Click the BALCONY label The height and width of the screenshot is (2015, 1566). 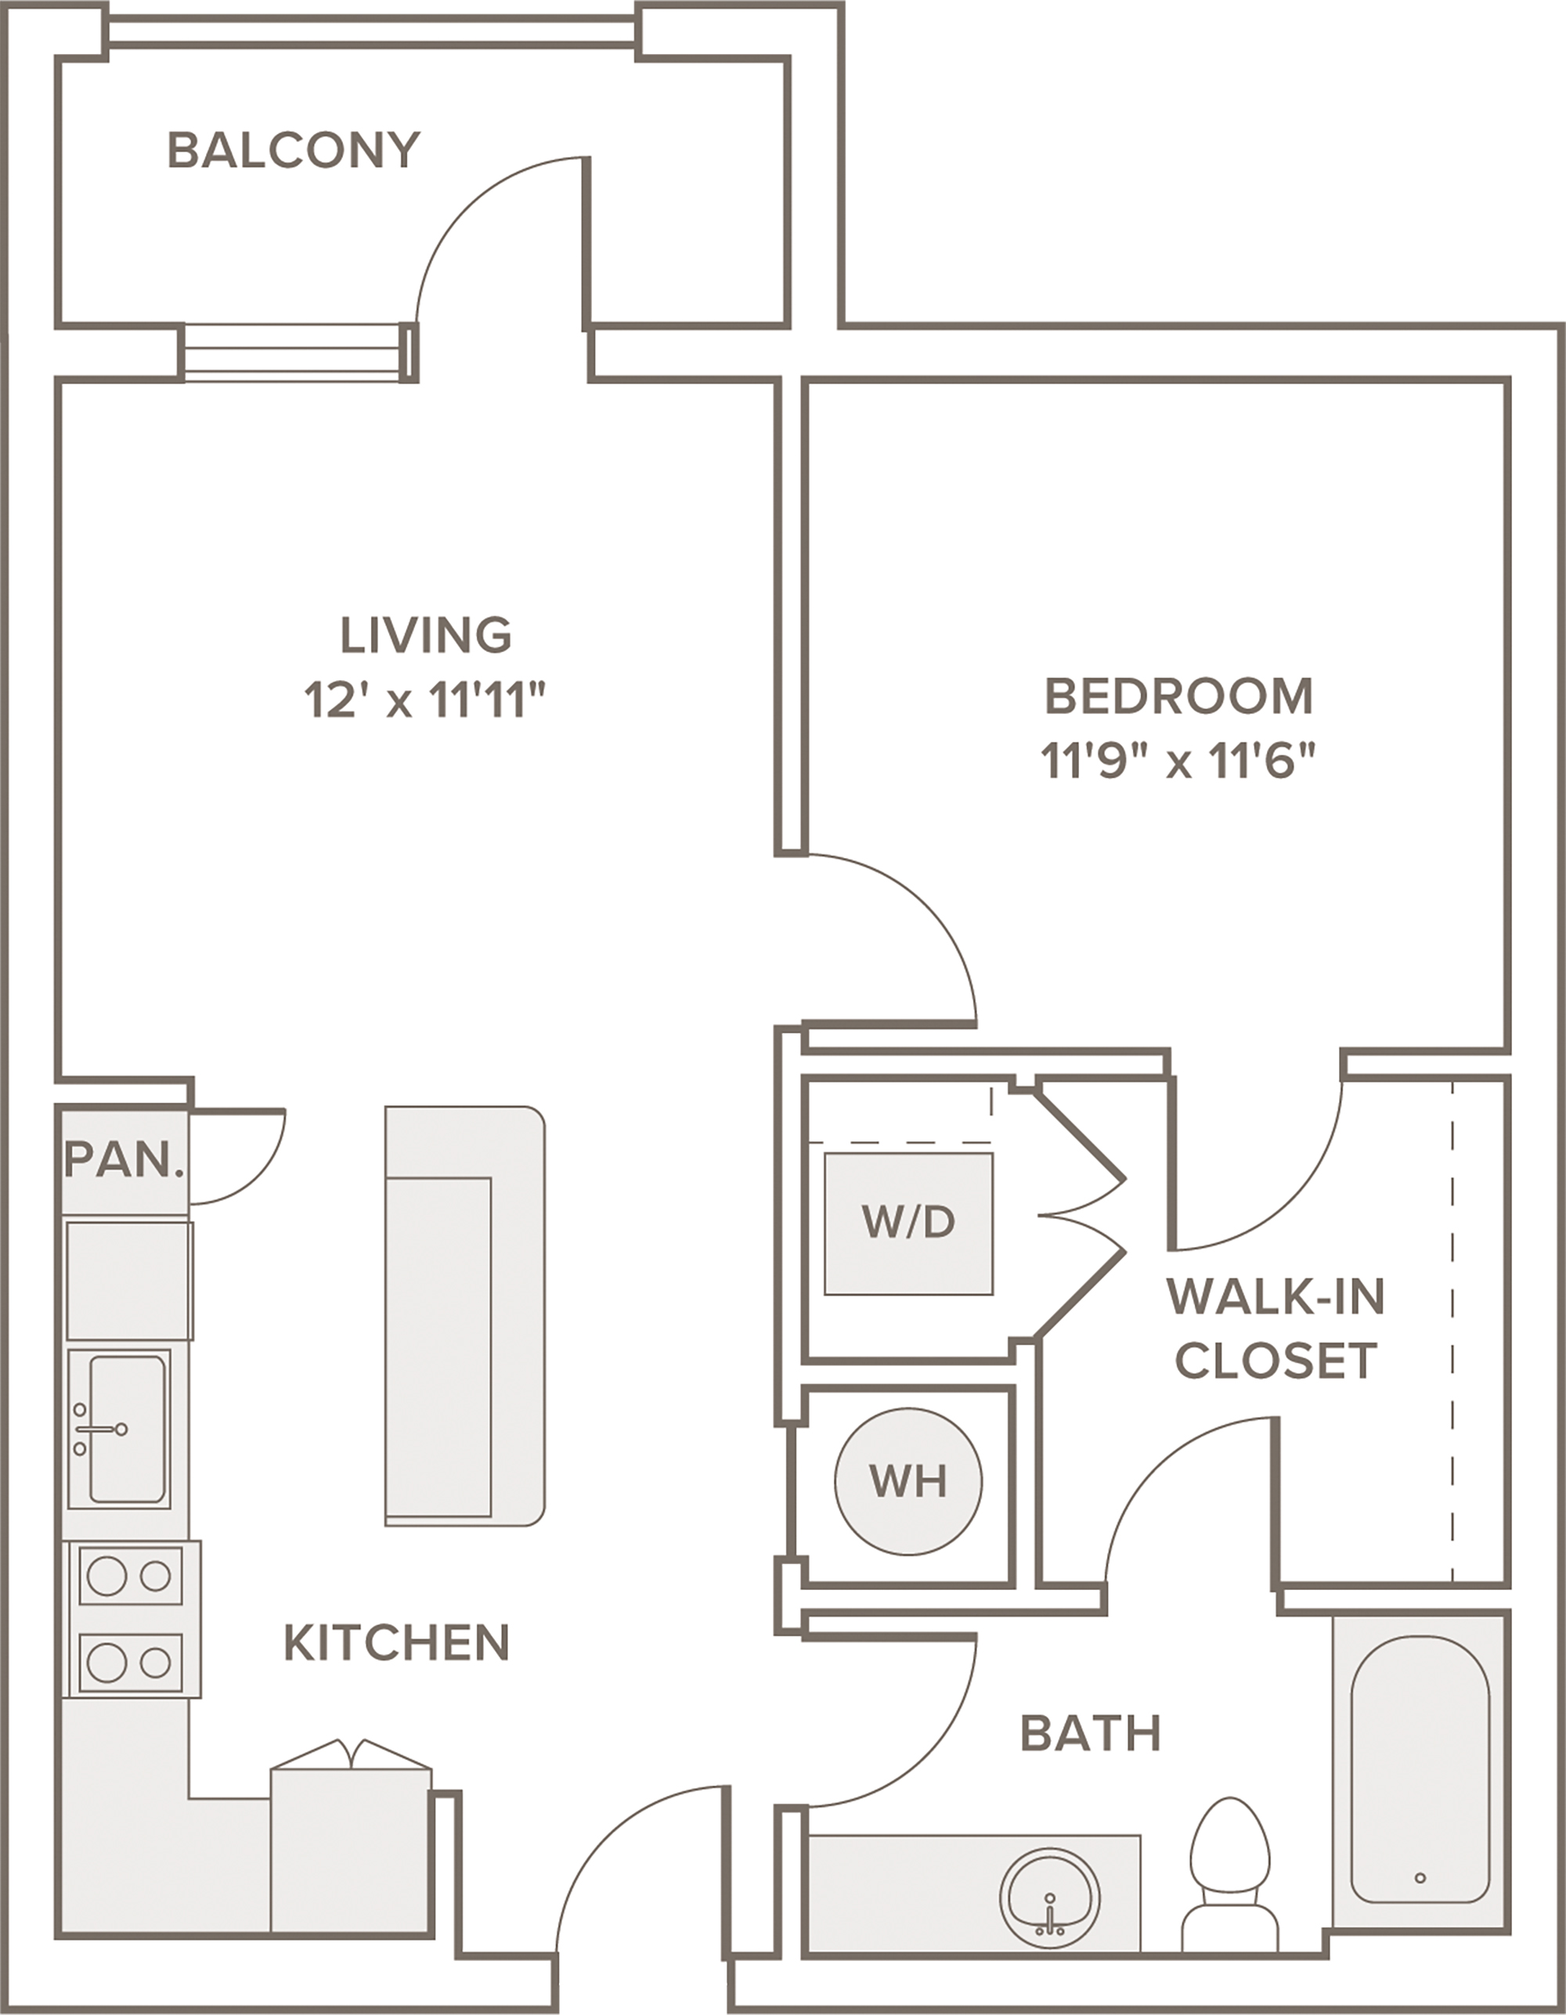coord(294,150)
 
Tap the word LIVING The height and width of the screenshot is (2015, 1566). coord(426,635)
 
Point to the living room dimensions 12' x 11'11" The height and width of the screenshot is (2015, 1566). coord(425,701)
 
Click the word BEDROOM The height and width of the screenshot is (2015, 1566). coord(1178,697)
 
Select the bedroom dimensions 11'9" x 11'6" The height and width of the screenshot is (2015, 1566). coord(1178,762)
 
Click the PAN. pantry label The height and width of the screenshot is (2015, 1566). coord(124,1159)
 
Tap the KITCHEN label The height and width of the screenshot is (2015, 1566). coord(397,1643)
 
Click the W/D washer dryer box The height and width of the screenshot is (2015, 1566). coord(909,1224)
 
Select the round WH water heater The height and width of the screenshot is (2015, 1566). coord(909,1482)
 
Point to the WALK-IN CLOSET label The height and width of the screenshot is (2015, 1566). coord(1276,1328)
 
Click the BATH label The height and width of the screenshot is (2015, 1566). coord(1091,1734)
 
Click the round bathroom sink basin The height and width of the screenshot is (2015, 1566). coord(1050,1897)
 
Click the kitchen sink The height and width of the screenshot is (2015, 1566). coord(119,1429)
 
